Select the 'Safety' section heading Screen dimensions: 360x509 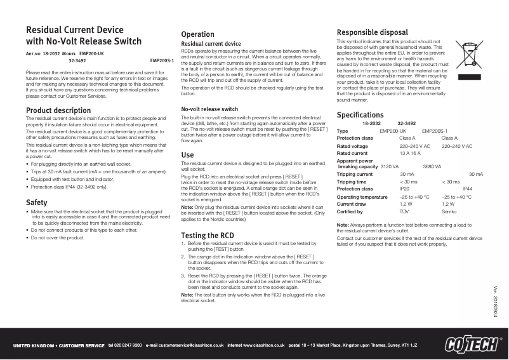click(36, 203)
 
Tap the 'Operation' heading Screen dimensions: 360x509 click(197, 34)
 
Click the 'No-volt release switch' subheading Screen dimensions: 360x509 click(210, 109)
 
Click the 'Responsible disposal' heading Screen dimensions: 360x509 click(373, 32)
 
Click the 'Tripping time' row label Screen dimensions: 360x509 click(351, 182)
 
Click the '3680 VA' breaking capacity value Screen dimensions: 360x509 click(432, 166)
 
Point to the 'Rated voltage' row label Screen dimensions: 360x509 click(352, 146)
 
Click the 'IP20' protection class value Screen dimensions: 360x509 click(404, 189)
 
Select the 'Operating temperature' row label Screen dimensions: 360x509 click(362, 197)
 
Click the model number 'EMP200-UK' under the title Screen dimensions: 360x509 click(91, 55)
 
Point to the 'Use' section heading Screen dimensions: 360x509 click(187, 154)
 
